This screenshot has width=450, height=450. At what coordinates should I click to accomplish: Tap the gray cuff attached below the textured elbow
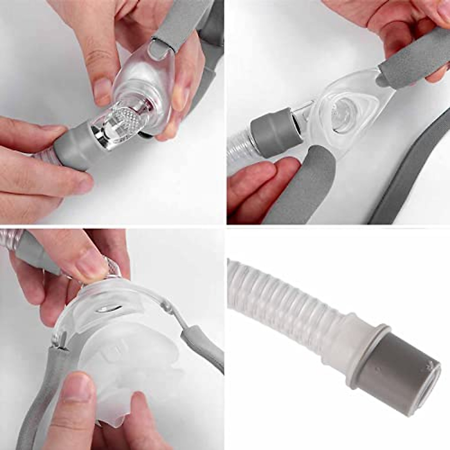tap(75, 150)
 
